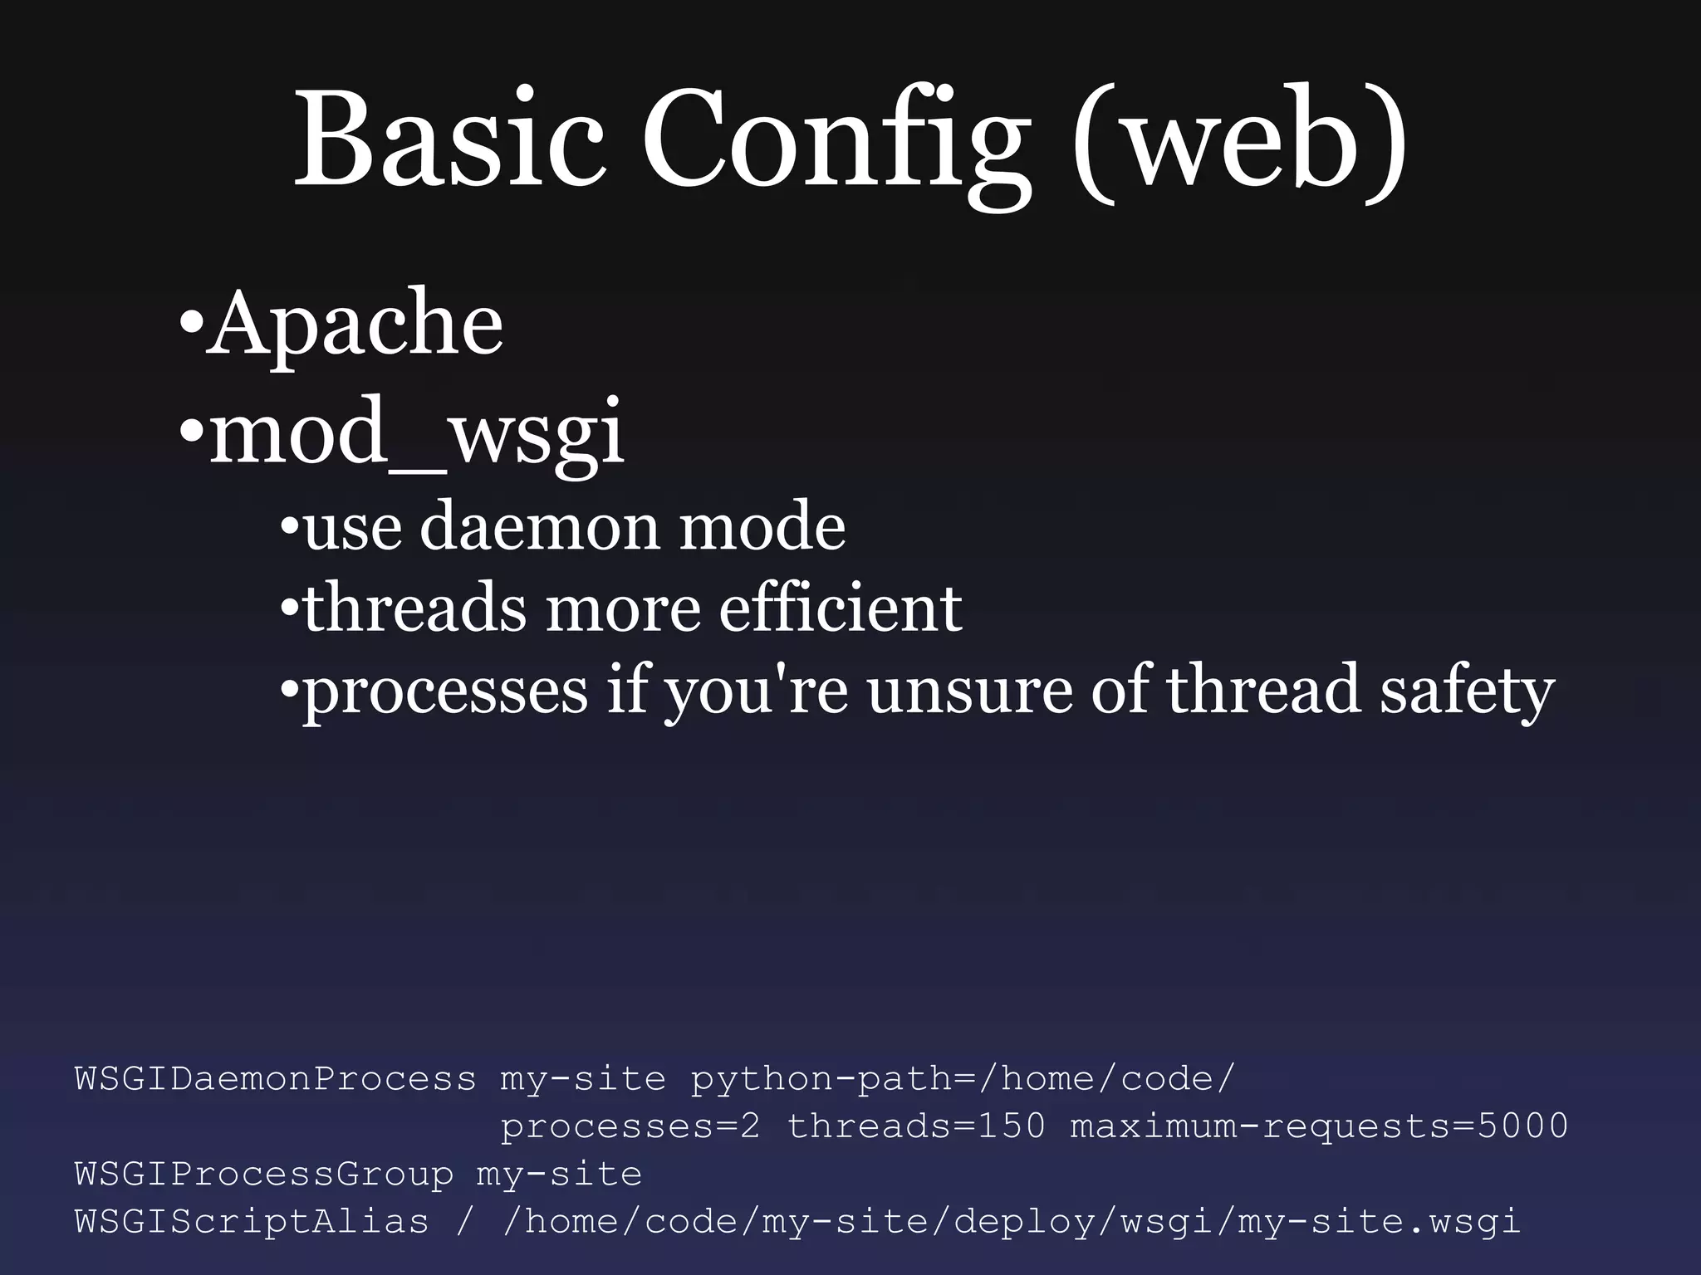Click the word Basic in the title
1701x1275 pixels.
449,141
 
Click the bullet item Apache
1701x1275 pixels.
355,324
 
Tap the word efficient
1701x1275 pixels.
840,608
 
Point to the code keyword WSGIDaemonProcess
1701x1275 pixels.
276,1079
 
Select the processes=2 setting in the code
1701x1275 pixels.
630,1126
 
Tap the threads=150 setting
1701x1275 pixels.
916,1126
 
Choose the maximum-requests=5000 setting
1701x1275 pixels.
1319,1126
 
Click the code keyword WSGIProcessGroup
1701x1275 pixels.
264,1175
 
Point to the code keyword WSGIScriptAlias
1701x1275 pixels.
252,1222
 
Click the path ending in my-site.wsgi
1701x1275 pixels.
1012,1222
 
